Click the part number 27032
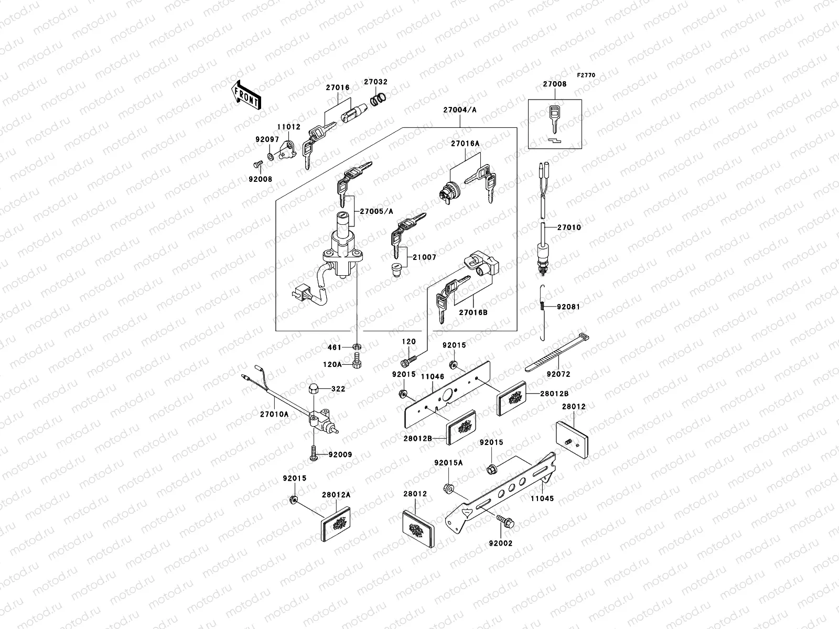pos(376,82)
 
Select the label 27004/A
pos(460,110)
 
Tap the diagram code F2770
pos(586,75)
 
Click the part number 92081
pos(568,307)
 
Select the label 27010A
pos(274,414)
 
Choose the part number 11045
pos(542,499)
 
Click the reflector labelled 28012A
pos(336,522)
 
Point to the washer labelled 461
pos(357,347)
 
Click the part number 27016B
pos(473,312)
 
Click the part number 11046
pos(433,376)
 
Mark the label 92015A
pos(448,463)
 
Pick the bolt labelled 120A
pos(358,363)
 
